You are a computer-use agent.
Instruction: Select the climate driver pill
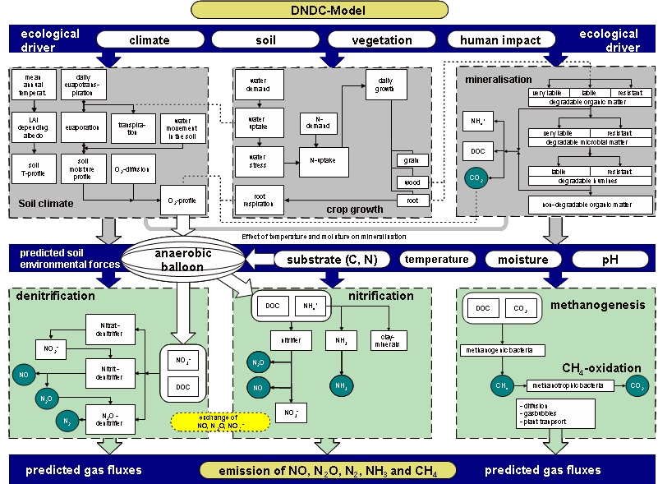[150, 39]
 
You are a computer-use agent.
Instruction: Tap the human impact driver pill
[500, 39]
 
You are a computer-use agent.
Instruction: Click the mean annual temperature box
[34, 85]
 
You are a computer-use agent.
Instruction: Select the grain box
[408, 161]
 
